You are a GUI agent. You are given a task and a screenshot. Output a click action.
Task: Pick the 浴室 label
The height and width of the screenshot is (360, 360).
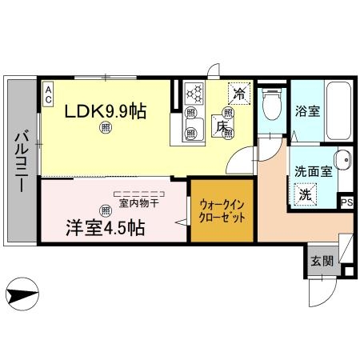pyautogui.click(x=310, y=112)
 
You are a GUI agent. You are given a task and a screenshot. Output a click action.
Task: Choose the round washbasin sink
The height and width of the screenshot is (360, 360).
pyautogui.click(x=341, y=159)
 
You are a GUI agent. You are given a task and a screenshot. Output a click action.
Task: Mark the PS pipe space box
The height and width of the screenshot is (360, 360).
pyautogui.click(x=346, y=202)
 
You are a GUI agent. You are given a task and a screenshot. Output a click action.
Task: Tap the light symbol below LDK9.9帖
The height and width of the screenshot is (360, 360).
pyautogui.click(x=105, y=128)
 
